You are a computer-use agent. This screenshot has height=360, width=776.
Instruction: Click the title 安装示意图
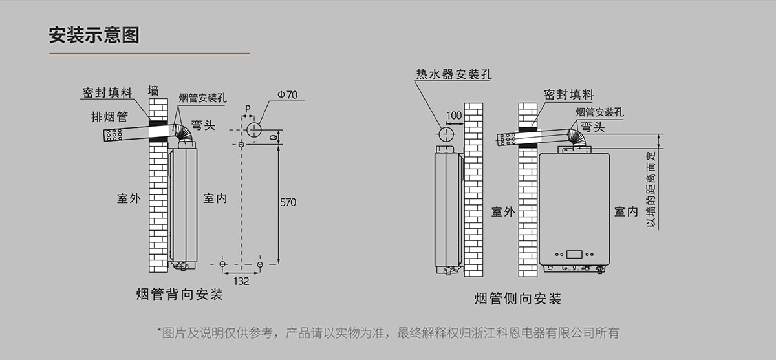tap(94, 34)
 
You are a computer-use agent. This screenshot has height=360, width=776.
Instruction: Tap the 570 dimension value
tap(288, 202)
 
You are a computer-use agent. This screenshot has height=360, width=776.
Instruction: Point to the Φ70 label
tap(287, 95)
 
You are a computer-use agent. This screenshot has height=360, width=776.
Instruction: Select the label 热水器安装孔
tap(453, 74)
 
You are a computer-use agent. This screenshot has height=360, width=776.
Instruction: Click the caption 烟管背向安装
tap(180, 295)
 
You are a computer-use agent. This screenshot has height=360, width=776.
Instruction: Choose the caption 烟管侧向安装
tap(517, 299)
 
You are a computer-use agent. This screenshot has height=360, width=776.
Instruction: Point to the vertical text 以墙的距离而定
tap(651, 189)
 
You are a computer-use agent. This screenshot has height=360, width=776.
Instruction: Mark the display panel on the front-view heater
tap(574, 253)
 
